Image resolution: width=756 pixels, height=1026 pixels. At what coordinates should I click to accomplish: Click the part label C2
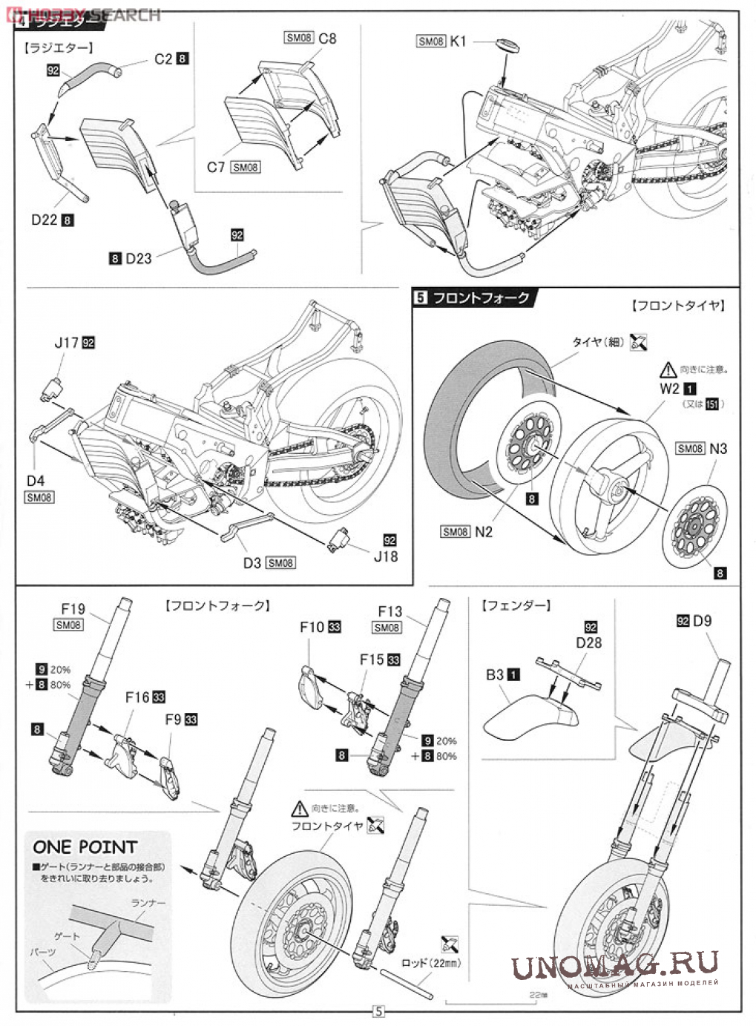[163, 59]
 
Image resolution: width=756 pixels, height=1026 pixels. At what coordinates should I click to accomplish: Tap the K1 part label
[458, 42]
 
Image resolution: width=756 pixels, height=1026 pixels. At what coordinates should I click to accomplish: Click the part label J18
[385, 556]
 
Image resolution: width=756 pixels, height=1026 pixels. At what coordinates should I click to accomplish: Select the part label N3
[717, 448]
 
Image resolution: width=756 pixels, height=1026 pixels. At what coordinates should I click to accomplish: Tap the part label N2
[484, 531]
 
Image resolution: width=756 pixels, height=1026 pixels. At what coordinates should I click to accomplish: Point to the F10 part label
[312, 627]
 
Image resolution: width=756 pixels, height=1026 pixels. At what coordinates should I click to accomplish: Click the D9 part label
[701, 620]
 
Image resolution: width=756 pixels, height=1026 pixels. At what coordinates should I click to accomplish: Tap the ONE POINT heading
[85, 846]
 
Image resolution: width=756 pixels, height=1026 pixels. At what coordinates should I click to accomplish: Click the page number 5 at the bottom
[378, 1010]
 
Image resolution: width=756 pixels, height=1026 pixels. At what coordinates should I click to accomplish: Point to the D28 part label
[589, 642]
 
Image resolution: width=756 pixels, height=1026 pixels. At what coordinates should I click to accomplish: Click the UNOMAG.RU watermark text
[614, 964]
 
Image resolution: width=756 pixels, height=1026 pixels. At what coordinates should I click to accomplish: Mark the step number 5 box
[421, 297]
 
